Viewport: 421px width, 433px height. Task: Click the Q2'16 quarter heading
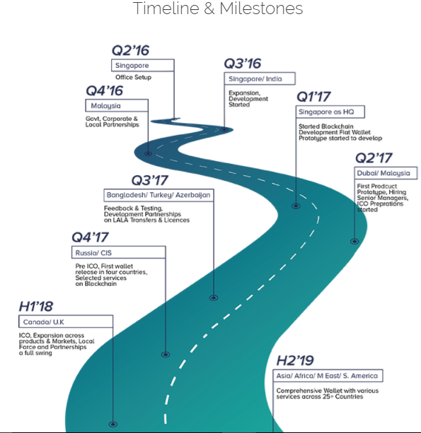coord(130,51)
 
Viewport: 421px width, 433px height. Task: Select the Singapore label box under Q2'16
coord(143,66)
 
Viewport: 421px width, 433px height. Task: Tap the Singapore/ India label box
coord(260,78)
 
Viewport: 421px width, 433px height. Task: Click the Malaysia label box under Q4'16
coord(117,105)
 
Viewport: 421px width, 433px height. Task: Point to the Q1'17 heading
coord(313,97)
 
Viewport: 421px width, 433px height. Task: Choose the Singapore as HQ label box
coord(330,112)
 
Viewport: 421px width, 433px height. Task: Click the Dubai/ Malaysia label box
coord(386,173)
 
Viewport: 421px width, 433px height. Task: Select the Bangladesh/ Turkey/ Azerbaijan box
coord(158,195)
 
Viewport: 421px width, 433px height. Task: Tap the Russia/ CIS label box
coord(119,252)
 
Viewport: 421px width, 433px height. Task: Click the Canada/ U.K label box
coord(66,321)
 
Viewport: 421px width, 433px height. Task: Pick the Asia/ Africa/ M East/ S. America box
coord(328,376)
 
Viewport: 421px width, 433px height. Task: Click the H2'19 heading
coord(295,361)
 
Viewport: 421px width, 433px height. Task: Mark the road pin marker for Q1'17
coord(296,206)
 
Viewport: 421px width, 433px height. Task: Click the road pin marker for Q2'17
coord(354,242)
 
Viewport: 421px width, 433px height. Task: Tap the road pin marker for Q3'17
coord(214,297)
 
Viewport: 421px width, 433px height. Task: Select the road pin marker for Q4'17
coord(166,355)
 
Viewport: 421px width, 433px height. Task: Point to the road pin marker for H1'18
coord(113,424)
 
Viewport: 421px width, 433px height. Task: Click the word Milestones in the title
coord(261,8)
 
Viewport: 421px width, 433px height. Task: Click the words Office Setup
coord(133,77)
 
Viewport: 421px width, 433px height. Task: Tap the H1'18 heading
coord(36,307)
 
